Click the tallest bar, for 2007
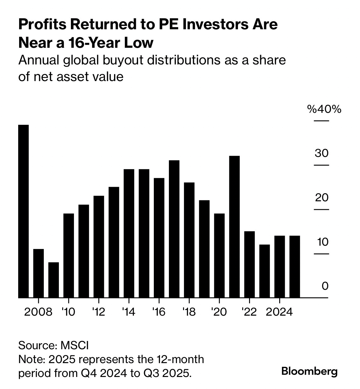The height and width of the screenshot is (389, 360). tap(23, 211)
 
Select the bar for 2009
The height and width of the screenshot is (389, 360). tap(54, 280)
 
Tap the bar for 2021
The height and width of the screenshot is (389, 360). tap(235, 227)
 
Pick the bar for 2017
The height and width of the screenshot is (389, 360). tap(174, 229)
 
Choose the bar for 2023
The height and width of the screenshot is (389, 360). tap(264, 271)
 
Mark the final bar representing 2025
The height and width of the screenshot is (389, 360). tap(295, 267)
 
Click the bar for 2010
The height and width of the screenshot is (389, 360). tap(69, 256)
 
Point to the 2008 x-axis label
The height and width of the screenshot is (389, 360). tap(38, 312)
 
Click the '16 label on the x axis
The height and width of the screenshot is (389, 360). tap(159, 312)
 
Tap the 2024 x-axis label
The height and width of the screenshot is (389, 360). tap(279, 312)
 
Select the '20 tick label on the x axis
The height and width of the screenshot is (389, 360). tap(219, 312)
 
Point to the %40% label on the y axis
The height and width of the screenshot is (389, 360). tap(324, 109)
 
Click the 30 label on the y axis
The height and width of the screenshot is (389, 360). tap(321, 153)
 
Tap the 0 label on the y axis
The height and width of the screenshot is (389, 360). tap(325, 286)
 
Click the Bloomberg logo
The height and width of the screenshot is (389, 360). tap(309, 371)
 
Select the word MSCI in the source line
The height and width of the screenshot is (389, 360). tap(74, 345)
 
